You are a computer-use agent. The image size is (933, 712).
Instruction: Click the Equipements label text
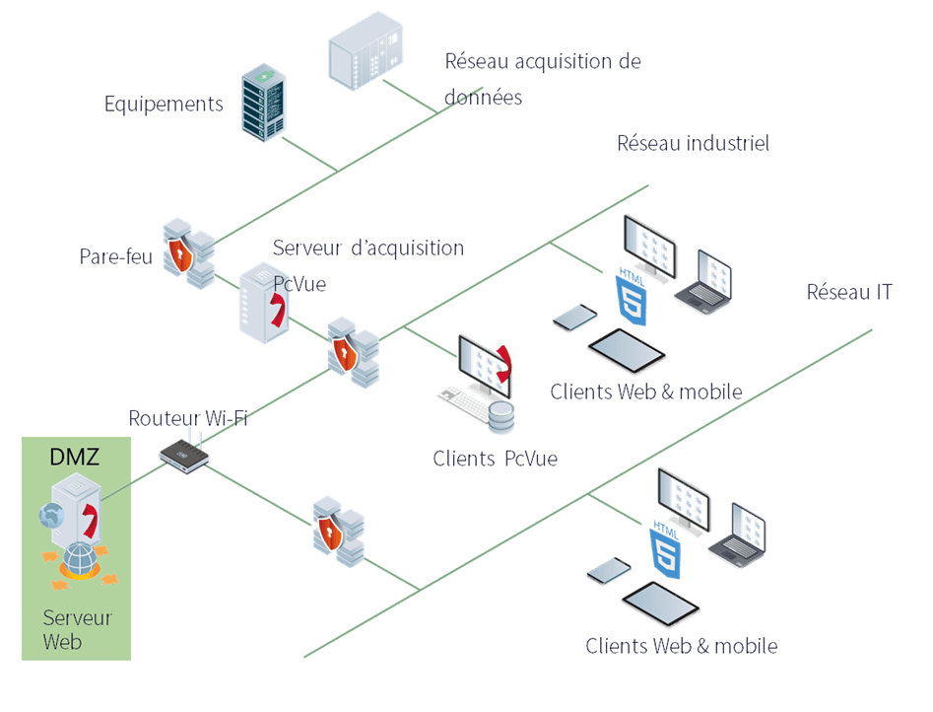coord(164,104)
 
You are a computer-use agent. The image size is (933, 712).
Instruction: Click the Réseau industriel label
coord(693,143)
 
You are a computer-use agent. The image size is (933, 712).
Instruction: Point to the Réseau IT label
coord(849,292)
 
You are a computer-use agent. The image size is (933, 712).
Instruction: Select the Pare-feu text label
coord(116,256)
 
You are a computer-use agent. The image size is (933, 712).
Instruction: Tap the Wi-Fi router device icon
coord(184,454)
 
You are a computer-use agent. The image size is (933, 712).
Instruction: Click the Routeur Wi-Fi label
coord(188,418)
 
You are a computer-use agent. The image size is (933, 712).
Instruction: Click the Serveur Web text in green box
coord(77,630)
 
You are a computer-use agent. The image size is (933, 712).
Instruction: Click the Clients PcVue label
coord(495,459)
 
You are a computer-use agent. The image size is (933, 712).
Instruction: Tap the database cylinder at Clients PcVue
coord(501,416)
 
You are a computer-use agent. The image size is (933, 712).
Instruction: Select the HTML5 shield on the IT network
coord(665,550)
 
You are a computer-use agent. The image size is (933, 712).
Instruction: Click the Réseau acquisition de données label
coord(542,79)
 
